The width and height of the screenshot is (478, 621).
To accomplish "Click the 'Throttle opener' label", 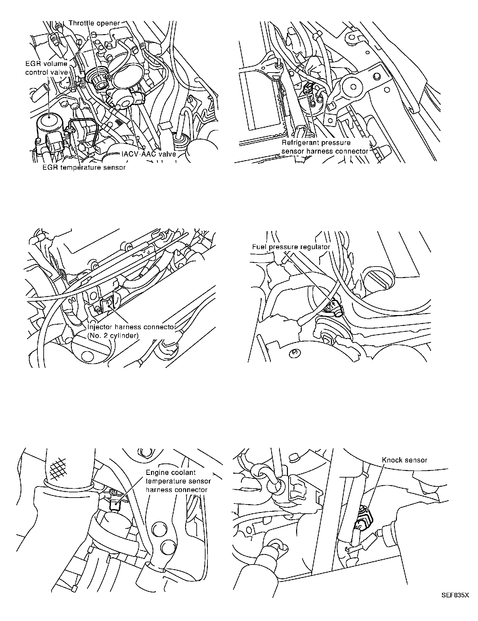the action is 95,23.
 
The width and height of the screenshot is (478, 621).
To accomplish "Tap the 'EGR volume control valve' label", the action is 47,68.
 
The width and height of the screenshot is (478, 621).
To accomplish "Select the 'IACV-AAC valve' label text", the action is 149,154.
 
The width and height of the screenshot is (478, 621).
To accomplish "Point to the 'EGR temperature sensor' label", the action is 84,167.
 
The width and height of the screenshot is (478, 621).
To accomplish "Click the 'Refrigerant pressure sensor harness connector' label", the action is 325,147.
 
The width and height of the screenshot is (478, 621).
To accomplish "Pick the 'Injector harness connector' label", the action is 132,327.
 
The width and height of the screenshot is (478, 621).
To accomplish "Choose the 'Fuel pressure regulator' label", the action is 291,247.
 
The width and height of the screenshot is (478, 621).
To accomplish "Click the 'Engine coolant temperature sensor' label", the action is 178,477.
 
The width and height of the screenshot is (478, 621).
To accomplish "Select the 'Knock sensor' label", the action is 405,460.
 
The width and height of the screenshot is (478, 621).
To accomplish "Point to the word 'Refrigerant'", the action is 299,143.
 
